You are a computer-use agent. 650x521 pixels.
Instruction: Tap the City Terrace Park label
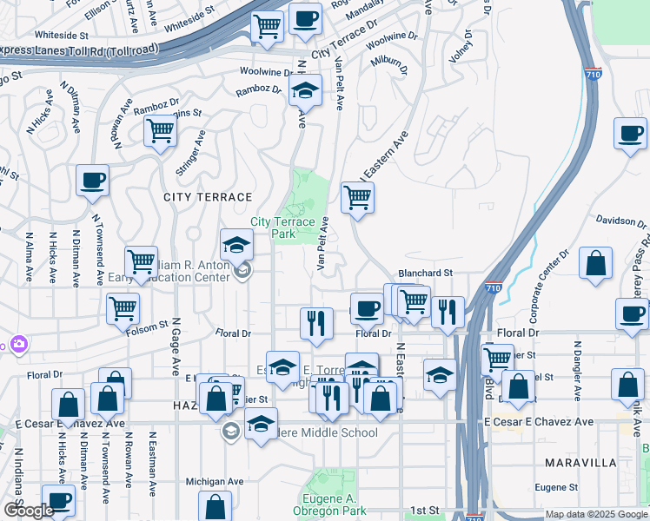coord(283,228)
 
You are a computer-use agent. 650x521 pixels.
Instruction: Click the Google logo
coord(30,511)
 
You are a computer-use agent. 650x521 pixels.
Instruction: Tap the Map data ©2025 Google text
coord(596,514)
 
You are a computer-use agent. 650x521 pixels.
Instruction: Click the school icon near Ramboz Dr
coord(305,90)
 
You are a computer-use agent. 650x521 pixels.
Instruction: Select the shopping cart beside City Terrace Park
coord(357,197)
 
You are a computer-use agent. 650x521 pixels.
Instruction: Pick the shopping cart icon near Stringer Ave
coord(160,131)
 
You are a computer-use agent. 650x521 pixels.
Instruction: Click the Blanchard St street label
coord(426,273)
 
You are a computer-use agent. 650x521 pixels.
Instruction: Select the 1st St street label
coord(428,510)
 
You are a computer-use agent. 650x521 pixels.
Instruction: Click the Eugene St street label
coord(557,488)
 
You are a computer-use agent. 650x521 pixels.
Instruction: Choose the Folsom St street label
coord(147,326)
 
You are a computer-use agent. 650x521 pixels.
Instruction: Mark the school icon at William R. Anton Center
coord(236,246)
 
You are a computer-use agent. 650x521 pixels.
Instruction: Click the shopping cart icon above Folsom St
coord(123,307)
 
